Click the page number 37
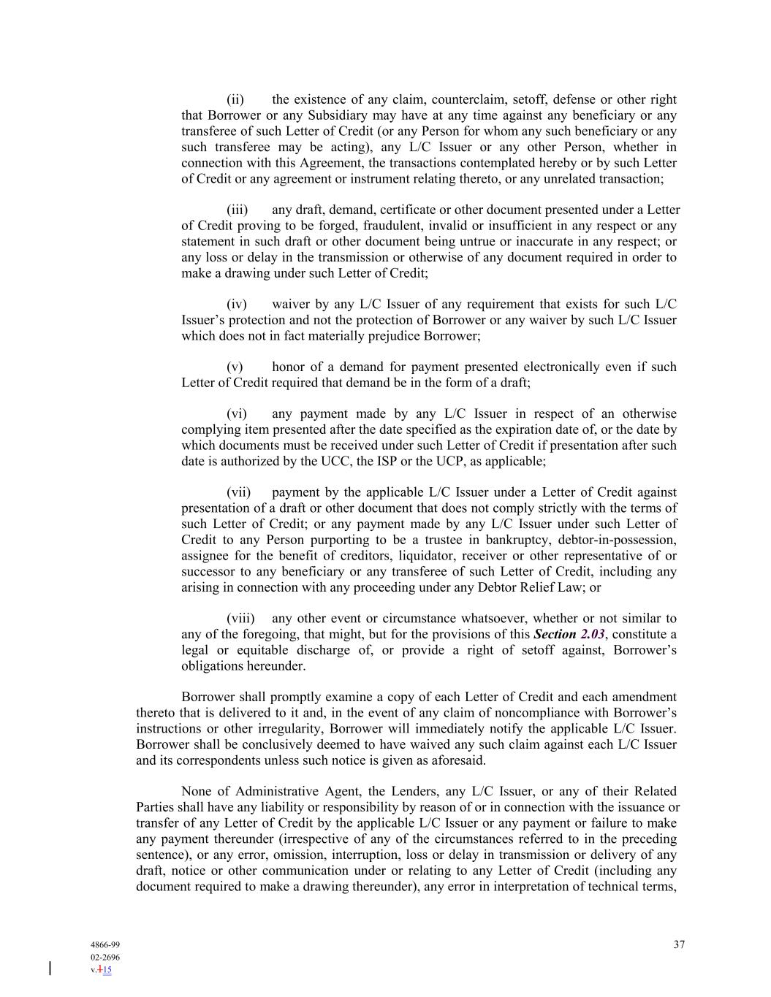coord(679,944)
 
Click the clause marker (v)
coord(235,367)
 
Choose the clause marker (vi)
coord(236,414)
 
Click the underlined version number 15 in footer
coord(107,971)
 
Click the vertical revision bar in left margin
coord(50,969)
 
